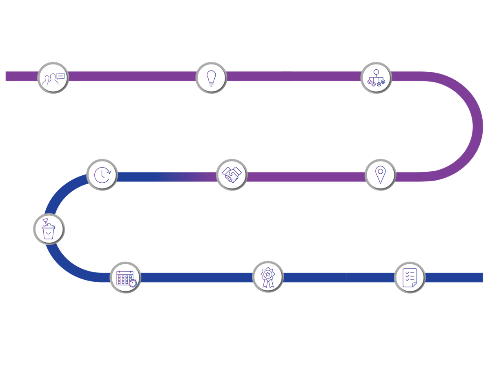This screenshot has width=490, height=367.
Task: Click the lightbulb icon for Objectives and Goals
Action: point(211,77)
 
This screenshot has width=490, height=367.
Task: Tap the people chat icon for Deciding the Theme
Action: point(53,77)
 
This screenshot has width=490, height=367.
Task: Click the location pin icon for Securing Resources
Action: point(380,174)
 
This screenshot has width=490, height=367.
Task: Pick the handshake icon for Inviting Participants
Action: point(231,174)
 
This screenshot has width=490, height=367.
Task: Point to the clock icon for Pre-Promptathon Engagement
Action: point(102,174)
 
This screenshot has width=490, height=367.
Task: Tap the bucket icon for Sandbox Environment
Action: point(49,228)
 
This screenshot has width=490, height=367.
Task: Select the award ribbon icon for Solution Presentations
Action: point(267,277)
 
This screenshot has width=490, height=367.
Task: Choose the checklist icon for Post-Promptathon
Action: point(410,277)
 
